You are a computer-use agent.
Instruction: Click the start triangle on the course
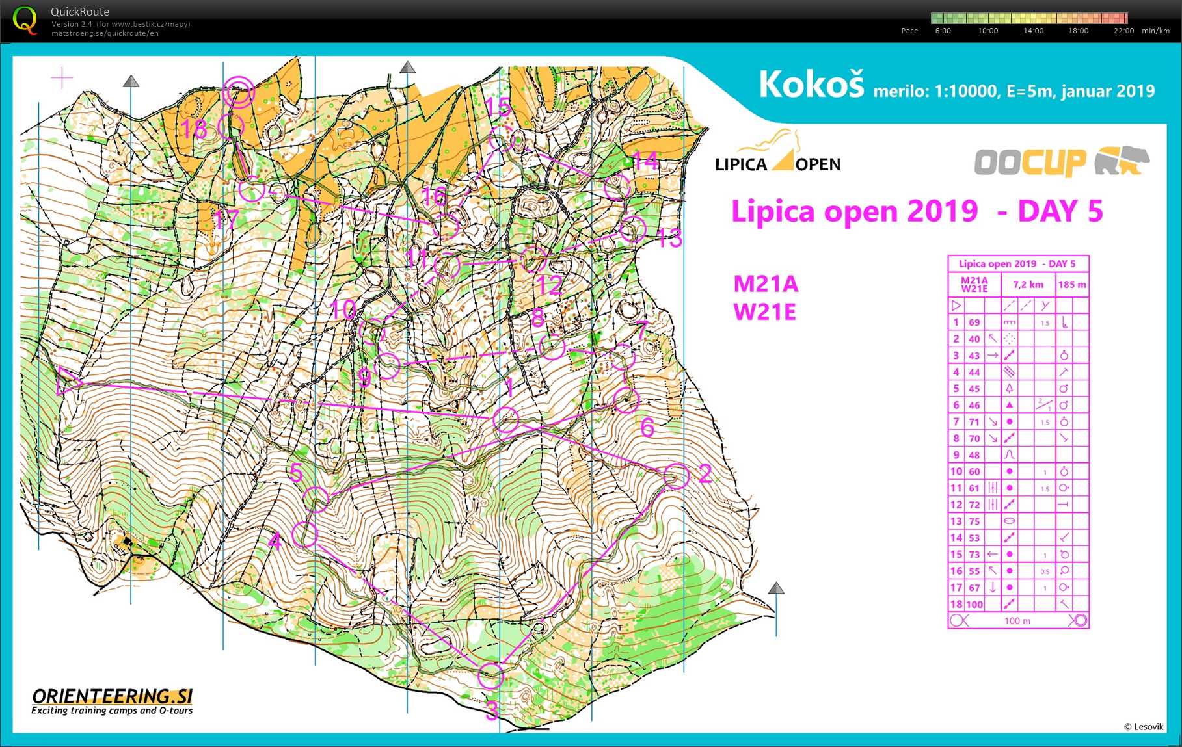(68, 380)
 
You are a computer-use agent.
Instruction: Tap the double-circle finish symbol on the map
(238, 92)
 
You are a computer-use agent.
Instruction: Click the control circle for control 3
(490, 675)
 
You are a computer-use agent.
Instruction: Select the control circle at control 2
(676, 476)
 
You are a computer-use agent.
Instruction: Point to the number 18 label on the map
(194, 129)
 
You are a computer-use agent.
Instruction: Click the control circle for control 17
(251, 190)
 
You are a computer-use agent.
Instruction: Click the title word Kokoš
(811, 85)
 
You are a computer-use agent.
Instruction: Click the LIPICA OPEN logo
(777, 153)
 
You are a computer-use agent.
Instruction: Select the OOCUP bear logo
(1061, 162)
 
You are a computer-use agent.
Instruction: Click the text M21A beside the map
(766, 284)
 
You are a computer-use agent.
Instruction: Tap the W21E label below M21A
(764, 312)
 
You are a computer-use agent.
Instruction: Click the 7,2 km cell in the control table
(1028, 285)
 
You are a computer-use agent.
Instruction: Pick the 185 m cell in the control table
(1071, 285)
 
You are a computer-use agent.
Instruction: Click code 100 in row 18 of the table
(974, 604)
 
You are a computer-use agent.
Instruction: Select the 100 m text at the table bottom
(1017, 621)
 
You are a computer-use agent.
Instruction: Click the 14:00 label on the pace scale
(1033, 31)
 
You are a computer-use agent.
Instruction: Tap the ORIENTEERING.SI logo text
(112, 697)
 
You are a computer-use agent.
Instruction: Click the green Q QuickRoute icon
(25, 21)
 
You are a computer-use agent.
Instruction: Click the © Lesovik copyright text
(1143, 727)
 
